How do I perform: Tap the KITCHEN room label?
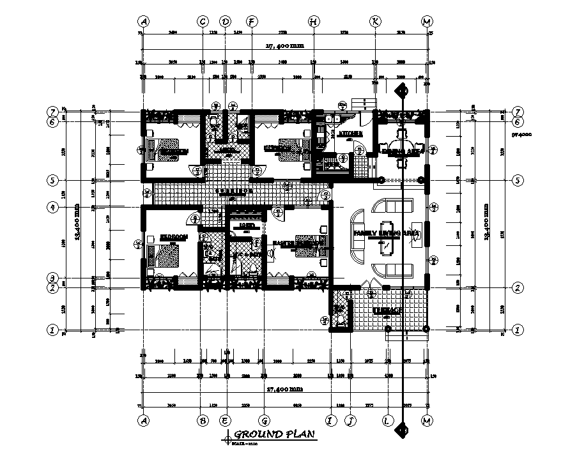[x=351, y=134]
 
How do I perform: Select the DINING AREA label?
[x=400, y=153]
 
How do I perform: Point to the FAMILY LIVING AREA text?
[x=387, y=234]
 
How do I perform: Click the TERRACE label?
[x=387, y=310]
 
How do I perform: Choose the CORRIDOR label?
[x=233, y=190]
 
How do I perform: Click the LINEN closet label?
[x=245, y=226]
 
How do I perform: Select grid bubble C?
[x=203, y=22]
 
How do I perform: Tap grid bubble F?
[x=252, y=22]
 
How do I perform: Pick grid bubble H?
[x=314, y=22]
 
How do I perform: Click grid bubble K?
[x=375, y=22]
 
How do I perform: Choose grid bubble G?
[x=263, y=420]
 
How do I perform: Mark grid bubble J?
[x=350, y=420]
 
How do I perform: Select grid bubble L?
[x=388, y=420]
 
